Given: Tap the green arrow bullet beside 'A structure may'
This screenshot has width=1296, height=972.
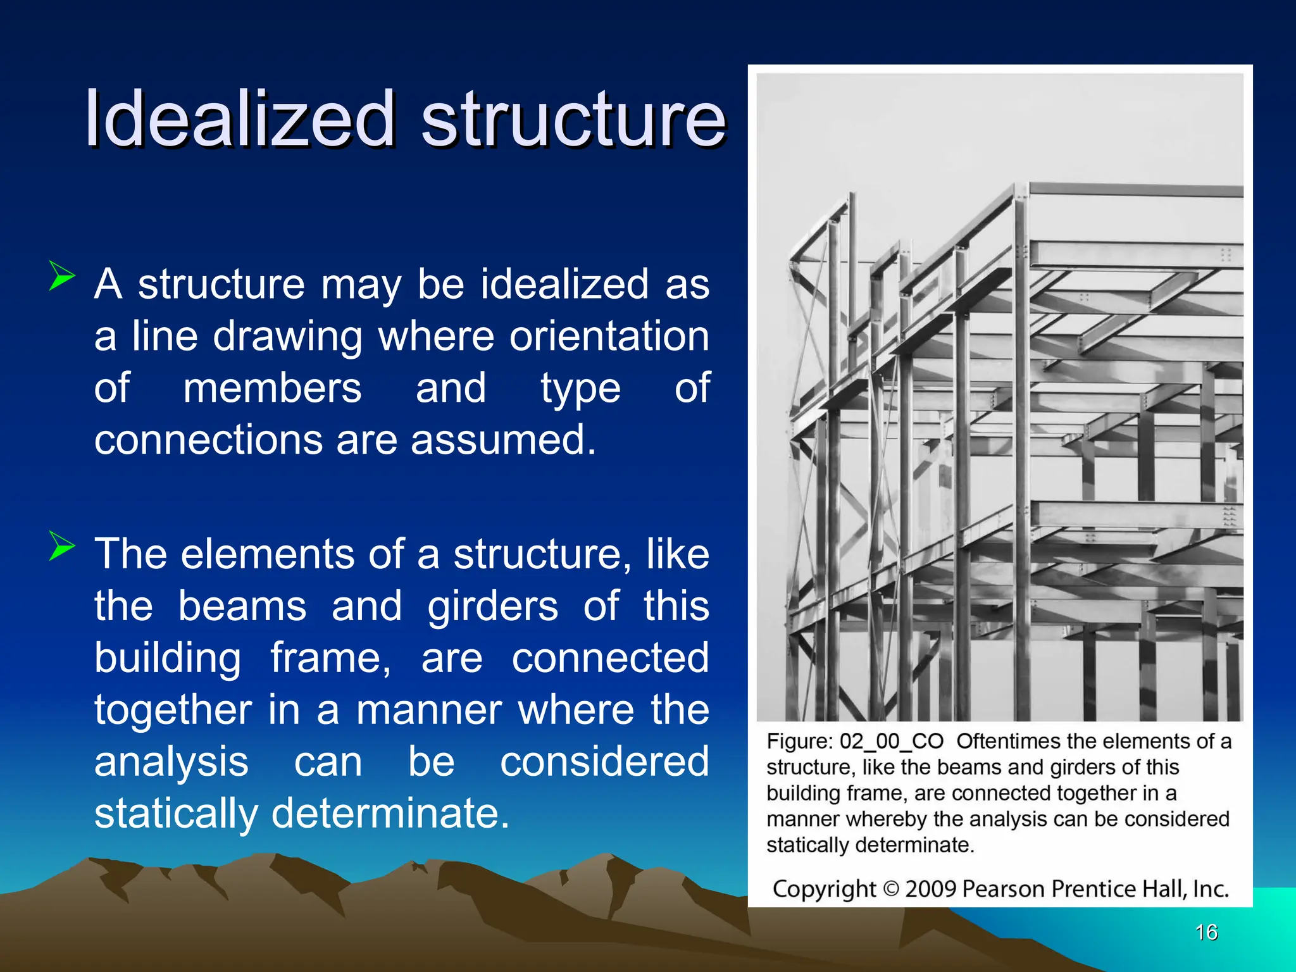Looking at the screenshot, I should coord(61,277).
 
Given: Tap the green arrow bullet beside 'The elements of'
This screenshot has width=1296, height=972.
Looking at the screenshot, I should coord(61,546).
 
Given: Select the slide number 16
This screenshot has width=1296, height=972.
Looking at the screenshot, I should coord(1206,932).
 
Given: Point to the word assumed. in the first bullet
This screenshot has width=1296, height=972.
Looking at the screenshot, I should coord(503,439).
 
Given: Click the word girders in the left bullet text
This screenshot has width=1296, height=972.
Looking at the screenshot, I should coord(492,606).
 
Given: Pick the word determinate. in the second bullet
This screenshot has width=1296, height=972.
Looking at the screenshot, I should coord(390,813).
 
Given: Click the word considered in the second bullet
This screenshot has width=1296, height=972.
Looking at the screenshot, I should coord(604,761).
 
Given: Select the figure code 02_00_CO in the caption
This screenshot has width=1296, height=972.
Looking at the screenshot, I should coord(891,741).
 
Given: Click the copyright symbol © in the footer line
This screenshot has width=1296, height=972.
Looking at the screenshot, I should coord(890,889).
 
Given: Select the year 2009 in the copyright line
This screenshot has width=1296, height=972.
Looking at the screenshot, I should coord(930,889).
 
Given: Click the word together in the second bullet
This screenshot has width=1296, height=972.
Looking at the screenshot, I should coord(173,709).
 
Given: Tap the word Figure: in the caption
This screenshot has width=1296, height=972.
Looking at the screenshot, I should coord(799,741).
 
